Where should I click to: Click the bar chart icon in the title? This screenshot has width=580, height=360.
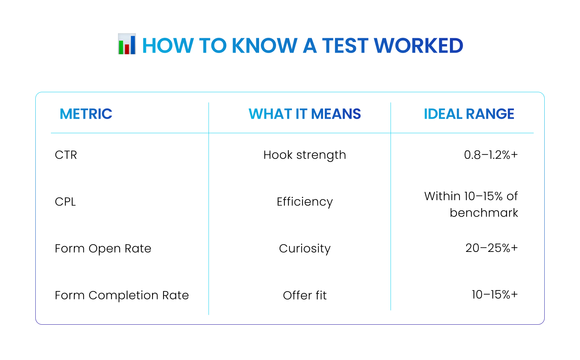point(127,44)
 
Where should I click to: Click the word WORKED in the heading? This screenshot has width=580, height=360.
point(418,46)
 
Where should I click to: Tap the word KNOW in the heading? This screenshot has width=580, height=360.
point(264,46)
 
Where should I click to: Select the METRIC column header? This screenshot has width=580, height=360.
point(86,114)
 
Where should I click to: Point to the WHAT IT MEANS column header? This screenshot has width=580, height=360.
point(305,114)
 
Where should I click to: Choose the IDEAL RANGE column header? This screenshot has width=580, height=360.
point(469,114)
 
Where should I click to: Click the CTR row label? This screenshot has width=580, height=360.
point(66,155)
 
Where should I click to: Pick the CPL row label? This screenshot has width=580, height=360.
point(65,202)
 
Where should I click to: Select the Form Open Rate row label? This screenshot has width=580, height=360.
point(103,249)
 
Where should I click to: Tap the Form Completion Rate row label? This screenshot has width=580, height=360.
point(122,295)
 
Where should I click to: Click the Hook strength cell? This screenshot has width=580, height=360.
point(305,155)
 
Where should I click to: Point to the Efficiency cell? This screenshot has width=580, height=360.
point(305,202)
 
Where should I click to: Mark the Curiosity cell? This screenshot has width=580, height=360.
point(305,249)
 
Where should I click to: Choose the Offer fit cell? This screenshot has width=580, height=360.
point(305,295)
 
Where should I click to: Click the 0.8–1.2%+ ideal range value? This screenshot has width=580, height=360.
point(491,155)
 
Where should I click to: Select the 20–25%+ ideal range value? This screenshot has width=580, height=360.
point(491,248)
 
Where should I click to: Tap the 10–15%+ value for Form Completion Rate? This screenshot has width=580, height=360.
point(494,295)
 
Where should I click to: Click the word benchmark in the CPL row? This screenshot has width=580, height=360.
point(484,213)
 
